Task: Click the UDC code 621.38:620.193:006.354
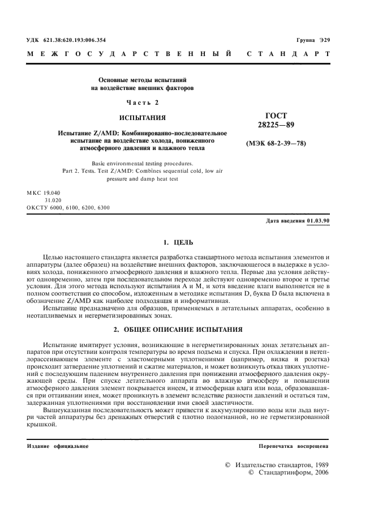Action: (x=74, y=40)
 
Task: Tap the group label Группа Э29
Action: (x=313, y=40)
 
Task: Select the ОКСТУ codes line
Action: (x=68, y=207)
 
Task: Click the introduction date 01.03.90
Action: (x=319, y=220)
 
